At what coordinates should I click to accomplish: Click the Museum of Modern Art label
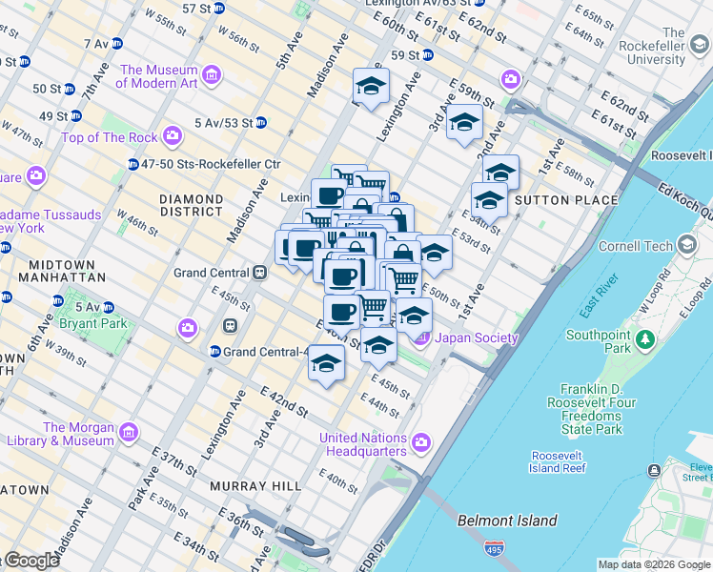(x=158, y=76)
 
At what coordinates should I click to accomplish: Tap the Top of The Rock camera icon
(x=173, y=137)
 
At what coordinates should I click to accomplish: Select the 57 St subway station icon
(x=219, y=9)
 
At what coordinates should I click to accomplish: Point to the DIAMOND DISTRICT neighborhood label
(x=192, y=205)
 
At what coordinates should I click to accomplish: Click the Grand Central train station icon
(x=258, y=273)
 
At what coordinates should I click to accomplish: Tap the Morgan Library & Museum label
(x=80, y=434)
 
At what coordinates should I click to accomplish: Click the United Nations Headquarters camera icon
(x=420, y=442)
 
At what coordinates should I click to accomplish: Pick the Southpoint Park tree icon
(x=646, y=338)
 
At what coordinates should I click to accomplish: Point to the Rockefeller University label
(x=673, y=46)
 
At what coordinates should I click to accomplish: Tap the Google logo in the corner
(x=31, y=561)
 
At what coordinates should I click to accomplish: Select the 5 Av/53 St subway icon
(x=260, y=122)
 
